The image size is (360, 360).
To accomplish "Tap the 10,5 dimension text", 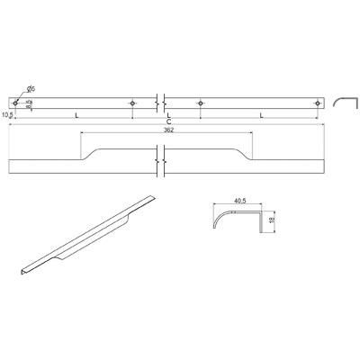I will [x=10, y=115].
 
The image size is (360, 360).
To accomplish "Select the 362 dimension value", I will [x=167, y=130].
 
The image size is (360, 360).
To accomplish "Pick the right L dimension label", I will [x=259, y=115].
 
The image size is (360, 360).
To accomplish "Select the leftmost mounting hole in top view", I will [x=16, y=103].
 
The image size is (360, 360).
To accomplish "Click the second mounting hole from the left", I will [x=133, y=103].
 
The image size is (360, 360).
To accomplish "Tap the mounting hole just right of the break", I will [x=201, y=103].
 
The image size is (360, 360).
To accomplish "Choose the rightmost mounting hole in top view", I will [x=317, y=103].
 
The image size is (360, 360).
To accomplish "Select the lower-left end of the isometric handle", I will [x=24, y=270].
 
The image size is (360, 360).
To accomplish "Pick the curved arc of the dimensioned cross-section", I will [x=220, y=216].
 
